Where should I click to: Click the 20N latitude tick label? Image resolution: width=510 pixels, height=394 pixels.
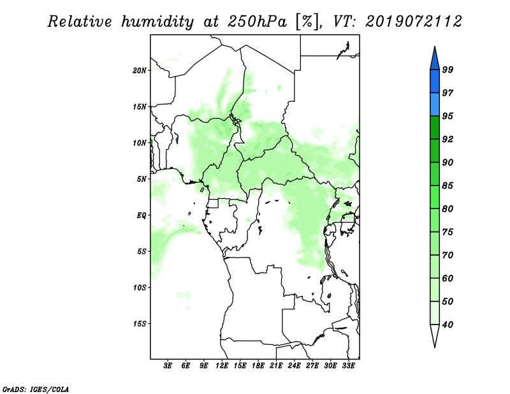point(140,70)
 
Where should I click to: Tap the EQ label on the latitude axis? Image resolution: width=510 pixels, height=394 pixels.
point(141,215)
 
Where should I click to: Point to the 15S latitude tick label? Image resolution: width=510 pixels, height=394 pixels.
point(140,324)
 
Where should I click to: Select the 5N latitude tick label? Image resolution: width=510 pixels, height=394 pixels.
point(142,179)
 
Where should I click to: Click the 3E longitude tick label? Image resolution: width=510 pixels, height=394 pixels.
point(168,366)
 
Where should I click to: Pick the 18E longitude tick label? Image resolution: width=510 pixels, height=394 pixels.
point(258,366)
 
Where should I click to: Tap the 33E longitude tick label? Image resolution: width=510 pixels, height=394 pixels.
point(348,366)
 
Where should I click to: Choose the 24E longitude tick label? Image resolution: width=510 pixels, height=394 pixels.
point(294,366)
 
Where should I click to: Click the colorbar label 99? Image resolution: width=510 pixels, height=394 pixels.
point(448,69)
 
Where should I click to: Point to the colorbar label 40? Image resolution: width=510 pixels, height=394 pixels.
point(448,325)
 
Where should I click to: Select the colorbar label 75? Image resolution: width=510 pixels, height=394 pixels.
point(448,232)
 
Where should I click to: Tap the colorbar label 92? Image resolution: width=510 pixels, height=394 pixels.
point(448,139)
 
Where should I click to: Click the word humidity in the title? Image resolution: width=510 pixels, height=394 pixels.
point(157,22)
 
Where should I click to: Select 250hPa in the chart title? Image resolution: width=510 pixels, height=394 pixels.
point(257,22)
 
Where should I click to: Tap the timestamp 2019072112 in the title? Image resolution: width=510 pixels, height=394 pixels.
point(413,22)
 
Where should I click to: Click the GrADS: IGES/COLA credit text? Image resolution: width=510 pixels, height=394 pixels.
point(36,390)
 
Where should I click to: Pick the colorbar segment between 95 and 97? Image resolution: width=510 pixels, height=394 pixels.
point(435,105)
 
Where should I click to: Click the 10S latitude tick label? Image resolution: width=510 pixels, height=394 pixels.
point(140,288)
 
